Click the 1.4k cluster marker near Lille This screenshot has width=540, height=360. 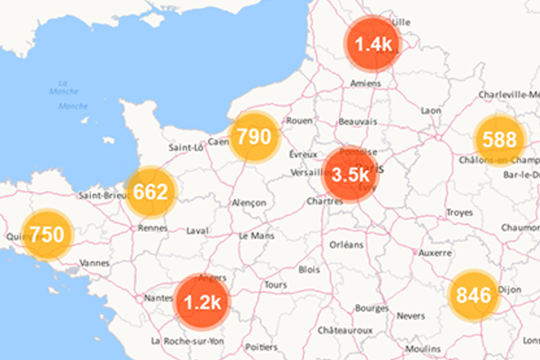(x=373, y=44)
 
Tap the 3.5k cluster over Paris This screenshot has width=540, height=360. (x=350, y=175)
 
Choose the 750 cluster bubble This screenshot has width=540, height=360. (x=46, y=235)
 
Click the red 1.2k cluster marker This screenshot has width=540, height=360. (x=202, y=301)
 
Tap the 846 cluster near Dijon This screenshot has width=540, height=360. (x=473, y=294)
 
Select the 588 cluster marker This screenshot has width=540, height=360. (x=499, y=140)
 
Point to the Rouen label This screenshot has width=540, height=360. (x=298, y=121)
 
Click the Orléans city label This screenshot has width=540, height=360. (x=346, y=244)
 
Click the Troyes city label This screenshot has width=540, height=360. (x=459, y=212)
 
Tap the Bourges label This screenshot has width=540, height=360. (x=371, y=308)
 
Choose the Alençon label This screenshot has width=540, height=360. (x=247, y=203)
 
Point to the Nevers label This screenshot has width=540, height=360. (x=410, y=316)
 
